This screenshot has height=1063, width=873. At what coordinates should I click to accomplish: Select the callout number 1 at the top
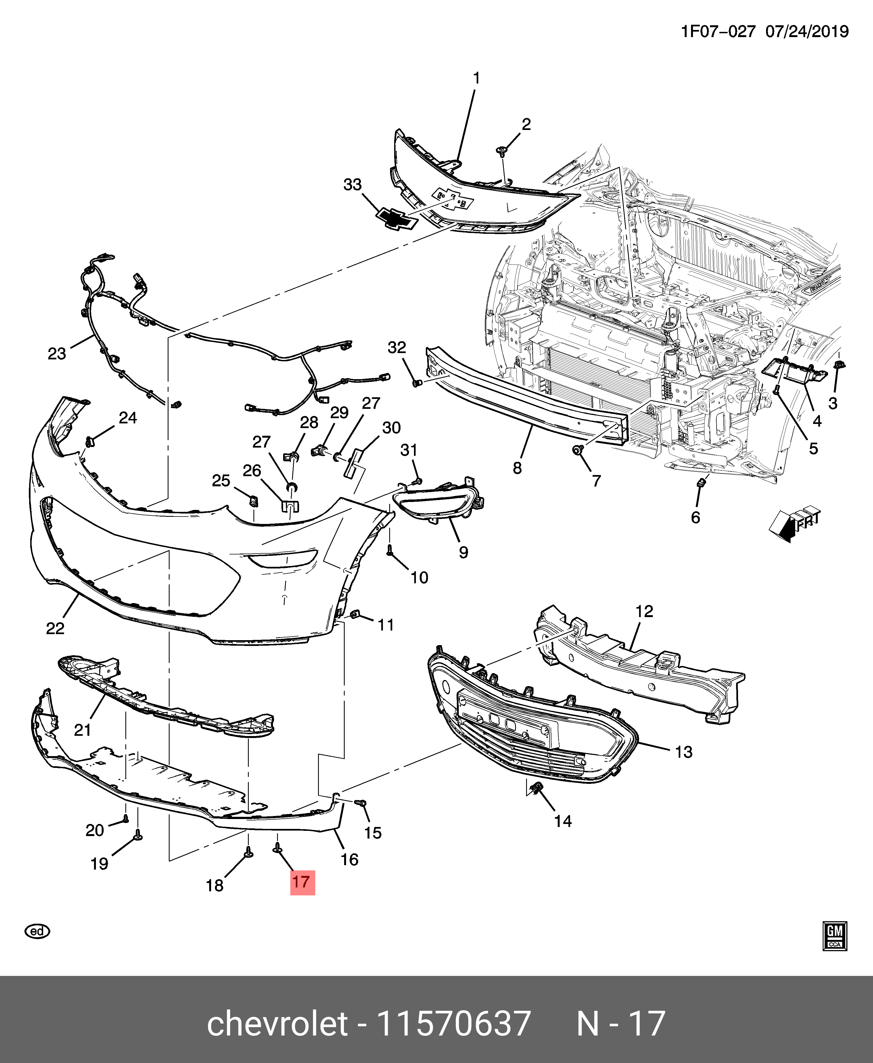(x=476, y=78)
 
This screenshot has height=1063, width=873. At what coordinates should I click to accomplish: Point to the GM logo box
(x=835, y=936)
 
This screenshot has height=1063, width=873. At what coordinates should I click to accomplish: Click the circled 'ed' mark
(x=37, y=931)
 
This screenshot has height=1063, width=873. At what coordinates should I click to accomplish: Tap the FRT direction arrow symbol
(x=795, y=524)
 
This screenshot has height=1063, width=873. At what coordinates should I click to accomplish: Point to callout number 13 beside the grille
(x=683, y=752)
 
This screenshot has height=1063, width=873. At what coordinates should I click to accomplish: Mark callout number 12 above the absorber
(x=644, y=611)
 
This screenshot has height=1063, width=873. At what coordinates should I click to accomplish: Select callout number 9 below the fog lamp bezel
(x=463, y=552)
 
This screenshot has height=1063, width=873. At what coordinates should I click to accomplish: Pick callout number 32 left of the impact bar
(x=397, y=347)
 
